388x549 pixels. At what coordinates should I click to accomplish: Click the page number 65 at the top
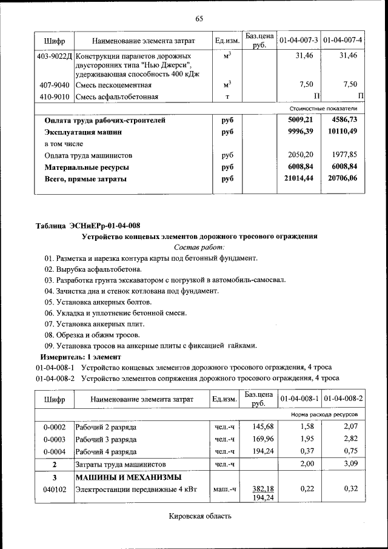point(199,19)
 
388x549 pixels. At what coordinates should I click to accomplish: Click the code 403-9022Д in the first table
point(55,56)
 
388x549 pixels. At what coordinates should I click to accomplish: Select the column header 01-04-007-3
point(298,41)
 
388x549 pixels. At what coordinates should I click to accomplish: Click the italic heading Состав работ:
point(199,247)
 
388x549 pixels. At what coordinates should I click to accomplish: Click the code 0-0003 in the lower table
point(55,439)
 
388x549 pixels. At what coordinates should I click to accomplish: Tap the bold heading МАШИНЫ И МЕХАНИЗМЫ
point(119,477)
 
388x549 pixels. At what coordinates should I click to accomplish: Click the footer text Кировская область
point(199,516)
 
